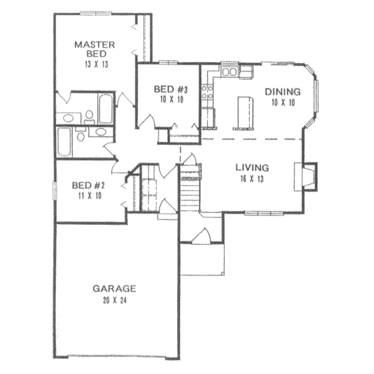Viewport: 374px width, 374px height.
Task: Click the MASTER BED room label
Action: (x=95, y=49)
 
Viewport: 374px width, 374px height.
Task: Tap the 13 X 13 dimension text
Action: (x=95, y=64)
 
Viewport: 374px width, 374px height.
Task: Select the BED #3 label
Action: (x=167, y=89)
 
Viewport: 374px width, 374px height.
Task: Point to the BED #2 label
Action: (x=86, y=185)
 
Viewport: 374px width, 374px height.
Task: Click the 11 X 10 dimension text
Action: (x=86, y=196)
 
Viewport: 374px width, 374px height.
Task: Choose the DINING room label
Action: (x=283, y=92)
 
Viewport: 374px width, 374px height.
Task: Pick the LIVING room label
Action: (x=252, y=168)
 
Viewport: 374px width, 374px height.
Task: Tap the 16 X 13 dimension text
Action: (x=252, y=180)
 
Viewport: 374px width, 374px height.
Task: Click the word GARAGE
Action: (x=114, y=289)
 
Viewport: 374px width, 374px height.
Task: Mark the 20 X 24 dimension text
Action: (x=114, y=300)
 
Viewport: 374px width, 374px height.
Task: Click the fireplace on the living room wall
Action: (x=307, y=175)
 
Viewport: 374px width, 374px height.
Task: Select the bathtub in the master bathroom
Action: (x=106, y=109)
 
